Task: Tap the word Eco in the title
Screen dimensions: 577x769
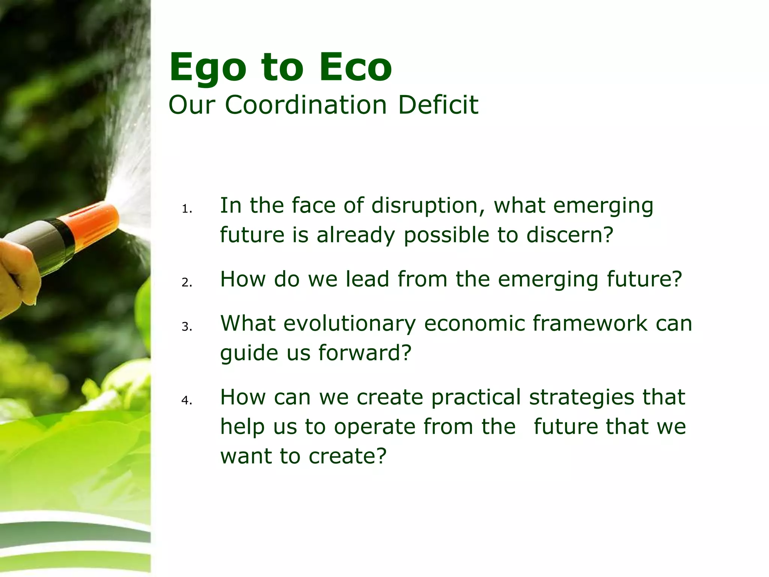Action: (x=355, y=68)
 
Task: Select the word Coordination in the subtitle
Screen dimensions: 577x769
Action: (x=306, y=105)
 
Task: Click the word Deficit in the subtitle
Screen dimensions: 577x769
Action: (x=438, y=105)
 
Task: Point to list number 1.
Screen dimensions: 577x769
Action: (x=187, y=209)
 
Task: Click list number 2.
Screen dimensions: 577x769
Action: (x=187, y=282)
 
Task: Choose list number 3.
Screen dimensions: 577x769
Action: (x=187, y=327)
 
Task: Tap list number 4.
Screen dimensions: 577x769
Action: (x=187, y=400)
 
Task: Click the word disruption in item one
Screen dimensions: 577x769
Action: (x=427, y=205)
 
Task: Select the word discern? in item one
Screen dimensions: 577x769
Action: (x=569, y=235)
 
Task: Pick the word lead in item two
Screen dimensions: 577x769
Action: (x=367, y=279)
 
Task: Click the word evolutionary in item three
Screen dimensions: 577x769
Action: (x=350, y=323)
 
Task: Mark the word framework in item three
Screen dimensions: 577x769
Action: (x=590, y=323)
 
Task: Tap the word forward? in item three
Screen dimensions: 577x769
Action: (x=365, y=353)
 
